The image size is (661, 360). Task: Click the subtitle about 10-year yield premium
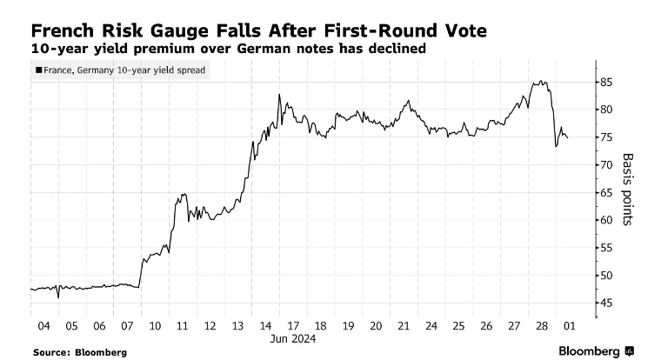tap(228, 50)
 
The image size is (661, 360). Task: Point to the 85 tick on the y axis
tap(606, 82)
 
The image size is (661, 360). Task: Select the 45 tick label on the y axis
tap(606, 303)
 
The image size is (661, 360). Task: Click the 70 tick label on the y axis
tap(606, 164)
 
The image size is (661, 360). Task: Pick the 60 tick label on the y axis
tap(606, 220)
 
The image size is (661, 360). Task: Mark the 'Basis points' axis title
tap(628, 190)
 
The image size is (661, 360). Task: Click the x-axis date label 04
tap(44, 326)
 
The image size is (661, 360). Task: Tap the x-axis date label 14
tap(264, 326)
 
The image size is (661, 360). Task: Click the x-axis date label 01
tap(568, 326)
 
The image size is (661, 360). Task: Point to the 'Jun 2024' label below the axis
tap(292, 339)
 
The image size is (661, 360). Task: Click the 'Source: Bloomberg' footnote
tap(80, 352)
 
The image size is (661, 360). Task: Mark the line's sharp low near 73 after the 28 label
tap(556, 146)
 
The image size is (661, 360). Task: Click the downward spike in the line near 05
tap(58, 297)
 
